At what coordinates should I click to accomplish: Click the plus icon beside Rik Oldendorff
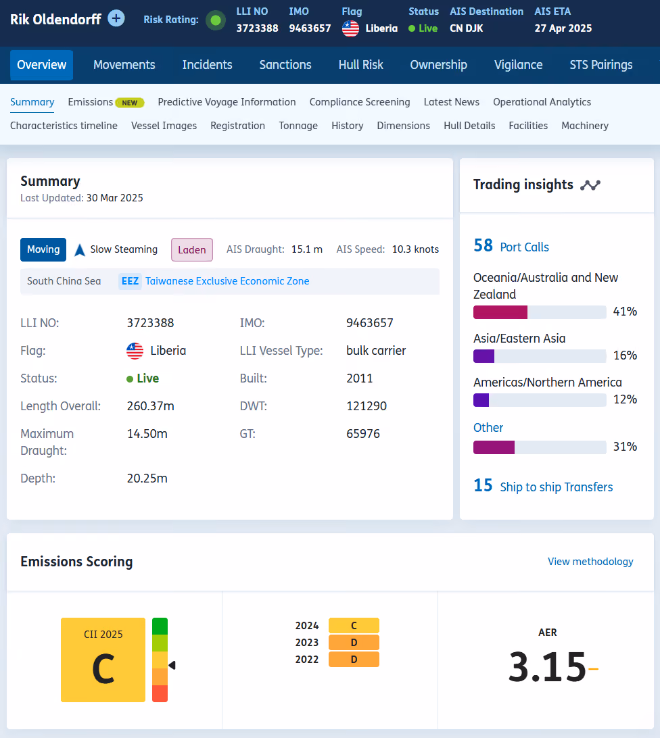(116, 19)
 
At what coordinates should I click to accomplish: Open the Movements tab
(124, 65)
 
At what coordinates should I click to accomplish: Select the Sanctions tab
(285, 65)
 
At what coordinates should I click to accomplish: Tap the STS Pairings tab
(601, 65)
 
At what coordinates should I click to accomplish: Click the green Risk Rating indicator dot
(216, 20)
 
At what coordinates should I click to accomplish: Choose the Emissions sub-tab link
(91, 102)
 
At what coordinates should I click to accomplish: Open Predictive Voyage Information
(227, 102)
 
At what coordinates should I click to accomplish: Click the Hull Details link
(469, 126)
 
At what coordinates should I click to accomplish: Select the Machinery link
(585, 126)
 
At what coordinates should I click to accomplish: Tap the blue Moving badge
(43, 249)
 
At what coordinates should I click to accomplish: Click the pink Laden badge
(192, 249)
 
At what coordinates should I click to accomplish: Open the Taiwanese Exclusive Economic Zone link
(227, 281)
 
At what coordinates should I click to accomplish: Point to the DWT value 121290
(367, 405)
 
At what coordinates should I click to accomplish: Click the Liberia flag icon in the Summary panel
(135, 351)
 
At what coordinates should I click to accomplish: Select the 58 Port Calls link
(511, 246)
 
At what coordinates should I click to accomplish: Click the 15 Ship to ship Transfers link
(543, 486)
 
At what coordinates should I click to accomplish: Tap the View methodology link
(590, 562)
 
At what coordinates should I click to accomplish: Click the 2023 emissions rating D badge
(354, 643)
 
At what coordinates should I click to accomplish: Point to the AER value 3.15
(547, 666)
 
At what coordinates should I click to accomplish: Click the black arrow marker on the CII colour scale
(172, 665)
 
